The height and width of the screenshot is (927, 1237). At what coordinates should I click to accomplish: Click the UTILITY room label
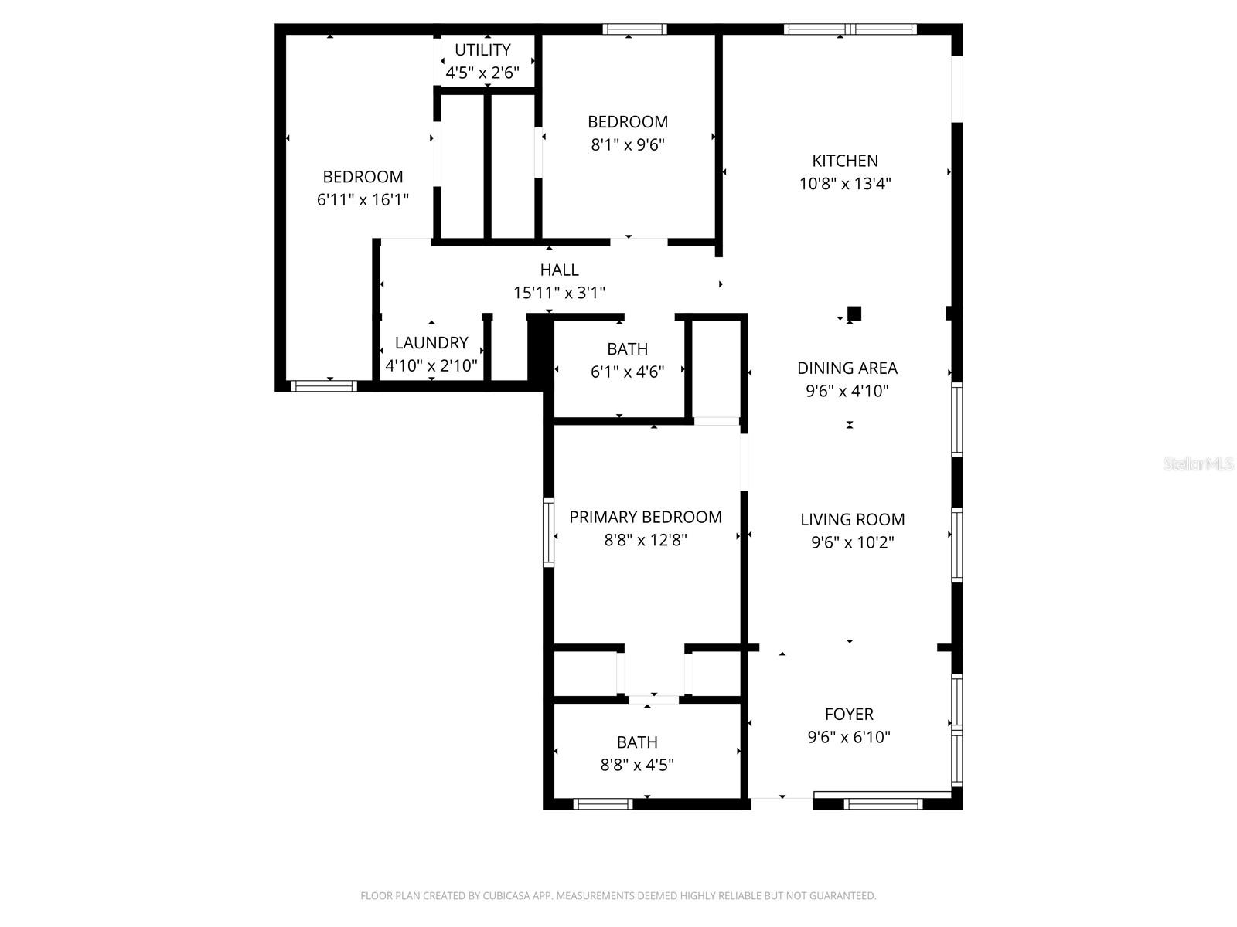482,50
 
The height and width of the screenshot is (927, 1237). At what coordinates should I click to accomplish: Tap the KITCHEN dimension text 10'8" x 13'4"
845,184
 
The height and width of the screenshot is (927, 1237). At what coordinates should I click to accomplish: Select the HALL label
559,270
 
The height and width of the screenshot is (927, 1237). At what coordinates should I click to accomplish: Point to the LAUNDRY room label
431,343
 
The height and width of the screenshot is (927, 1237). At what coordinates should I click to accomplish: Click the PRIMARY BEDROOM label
646,517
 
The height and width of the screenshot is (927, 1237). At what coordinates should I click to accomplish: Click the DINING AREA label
847,368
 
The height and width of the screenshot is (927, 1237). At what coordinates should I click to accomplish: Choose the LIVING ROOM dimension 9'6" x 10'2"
852,542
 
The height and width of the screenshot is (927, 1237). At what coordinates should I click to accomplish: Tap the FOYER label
849,715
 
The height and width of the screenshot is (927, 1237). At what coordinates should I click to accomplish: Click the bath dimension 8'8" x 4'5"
637,765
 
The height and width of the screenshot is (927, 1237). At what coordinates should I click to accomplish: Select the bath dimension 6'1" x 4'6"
627,372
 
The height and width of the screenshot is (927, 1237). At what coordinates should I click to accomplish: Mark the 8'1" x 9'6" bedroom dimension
628,144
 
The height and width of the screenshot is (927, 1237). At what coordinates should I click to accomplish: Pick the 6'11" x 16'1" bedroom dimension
363,199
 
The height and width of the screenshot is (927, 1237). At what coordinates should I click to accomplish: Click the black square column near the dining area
854,313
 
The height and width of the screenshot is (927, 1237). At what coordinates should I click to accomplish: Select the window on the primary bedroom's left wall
548,532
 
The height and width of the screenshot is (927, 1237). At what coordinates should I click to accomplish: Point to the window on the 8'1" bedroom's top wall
635,29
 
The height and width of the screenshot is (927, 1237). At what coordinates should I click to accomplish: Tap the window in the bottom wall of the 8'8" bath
603,804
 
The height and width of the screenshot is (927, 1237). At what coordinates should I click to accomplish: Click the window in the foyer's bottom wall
883,804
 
